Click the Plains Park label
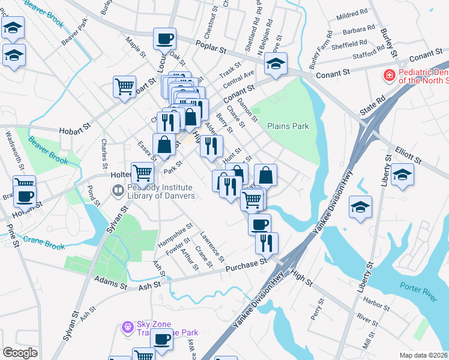pos(288,127)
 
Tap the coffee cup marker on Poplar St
pos(164,40)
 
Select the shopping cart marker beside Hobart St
pos(125,87)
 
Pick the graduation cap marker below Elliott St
pos(402,175)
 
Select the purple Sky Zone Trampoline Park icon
pos(127,328)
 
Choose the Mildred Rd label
pos(352,13)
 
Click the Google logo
pos(20,353)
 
